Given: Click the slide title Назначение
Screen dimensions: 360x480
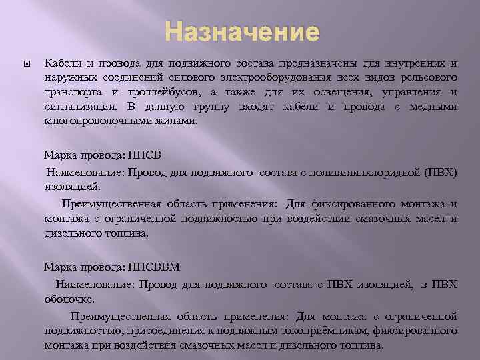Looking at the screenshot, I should (242, 31).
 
